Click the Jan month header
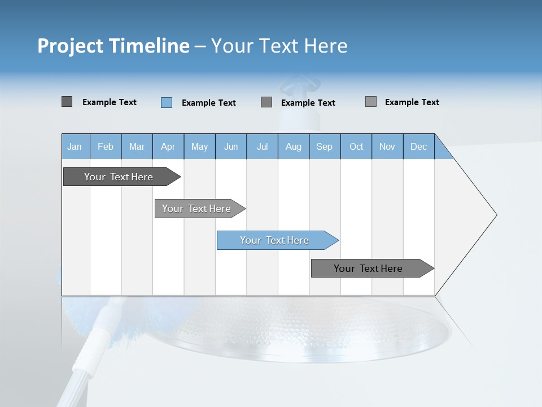75,146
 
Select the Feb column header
106,146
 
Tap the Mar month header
137,146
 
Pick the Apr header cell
168,146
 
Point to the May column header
199,146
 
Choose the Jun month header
231,146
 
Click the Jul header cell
262,146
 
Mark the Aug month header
294,146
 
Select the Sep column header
325,146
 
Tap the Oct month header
356,146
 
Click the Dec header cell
419,146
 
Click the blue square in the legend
167,102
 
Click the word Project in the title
71,46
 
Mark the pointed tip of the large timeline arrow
495,215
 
